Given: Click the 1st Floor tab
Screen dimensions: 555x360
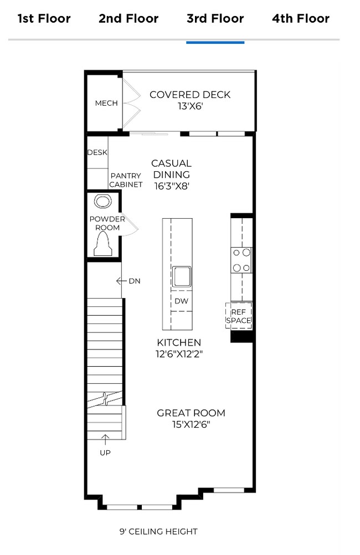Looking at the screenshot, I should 44,19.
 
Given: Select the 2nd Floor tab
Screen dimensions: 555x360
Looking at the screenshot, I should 128,19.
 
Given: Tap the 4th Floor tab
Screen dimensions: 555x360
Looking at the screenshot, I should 301,19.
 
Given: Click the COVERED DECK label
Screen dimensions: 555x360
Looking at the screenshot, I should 190,95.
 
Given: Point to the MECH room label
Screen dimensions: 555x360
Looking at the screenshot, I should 106,103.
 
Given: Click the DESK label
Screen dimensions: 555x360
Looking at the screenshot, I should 97,152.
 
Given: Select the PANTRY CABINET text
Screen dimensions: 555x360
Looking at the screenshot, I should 126,181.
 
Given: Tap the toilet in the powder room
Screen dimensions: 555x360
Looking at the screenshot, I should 103,244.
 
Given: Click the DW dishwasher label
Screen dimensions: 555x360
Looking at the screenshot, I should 181,301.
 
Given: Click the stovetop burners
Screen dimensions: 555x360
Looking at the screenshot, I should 242,260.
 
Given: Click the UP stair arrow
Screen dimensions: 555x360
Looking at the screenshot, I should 105,440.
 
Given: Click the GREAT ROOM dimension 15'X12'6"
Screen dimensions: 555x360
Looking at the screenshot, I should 191,425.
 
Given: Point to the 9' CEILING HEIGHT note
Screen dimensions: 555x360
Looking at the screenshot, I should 158,532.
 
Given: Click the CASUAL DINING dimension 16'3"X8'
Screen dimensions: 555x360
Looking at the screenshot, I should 172,187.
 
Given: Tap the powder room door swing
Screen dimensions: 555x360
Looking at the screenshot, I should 128,224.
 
